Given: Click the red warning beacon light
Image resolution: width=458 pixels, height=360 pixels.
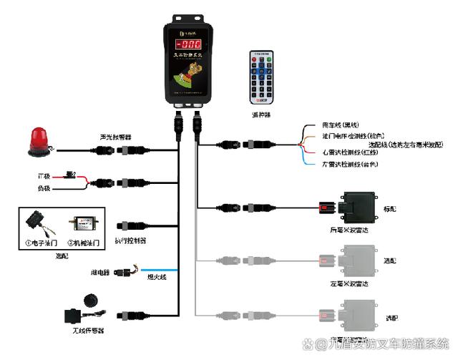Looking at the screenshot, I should pos(36,140).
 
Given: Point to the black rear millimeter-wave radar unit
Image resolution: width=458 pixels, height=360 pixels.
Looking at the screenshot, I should pos(362,208).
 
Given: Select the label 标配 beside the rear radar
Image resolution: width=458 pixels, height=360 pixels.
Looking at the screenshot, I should pos(409,209).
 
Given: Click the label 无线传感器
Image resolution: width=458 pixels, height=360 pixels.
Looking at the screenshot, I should pos(91,331).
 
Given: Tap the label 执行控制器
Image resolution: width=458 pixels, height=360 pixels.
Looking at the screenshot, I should pos(130,241).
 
